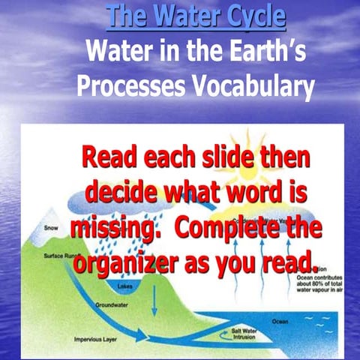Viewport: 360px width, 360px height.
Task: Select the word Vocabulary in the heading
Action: tap(247, 87)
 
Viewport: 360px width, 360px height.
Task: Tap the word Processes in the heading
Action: tap(127, 87)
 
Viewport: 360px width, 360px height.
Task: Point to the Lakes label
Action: tap(124, 286)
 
